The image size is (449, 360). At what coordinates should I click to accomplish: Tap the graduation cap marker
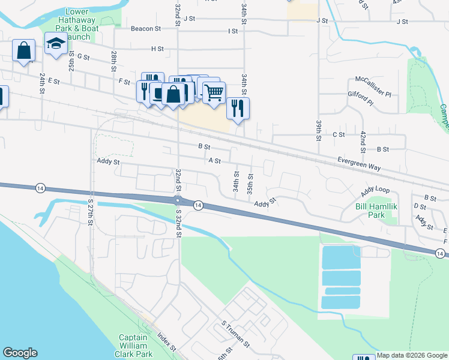click(56, 44)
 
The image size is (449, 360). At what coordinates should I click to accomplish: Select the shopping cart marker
click(214, 92)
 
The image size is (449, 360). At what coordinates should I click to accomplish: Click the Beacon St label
click(146, 28)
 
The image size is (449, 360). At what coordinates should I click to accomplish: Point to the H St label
click(158, 48)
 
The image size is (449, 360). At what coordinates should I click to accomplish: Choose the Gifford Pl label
click(361, 95)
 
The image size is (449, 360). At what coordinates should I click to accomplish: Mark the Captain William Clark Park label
click(133, 346)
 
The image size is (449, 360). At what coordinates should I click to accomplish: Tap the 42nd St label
click(363, 139)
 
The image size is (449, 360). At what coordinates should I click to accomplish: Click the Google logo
click(20, 353)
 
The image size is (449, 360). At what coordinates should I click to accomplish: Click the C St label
click(339, 135)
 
